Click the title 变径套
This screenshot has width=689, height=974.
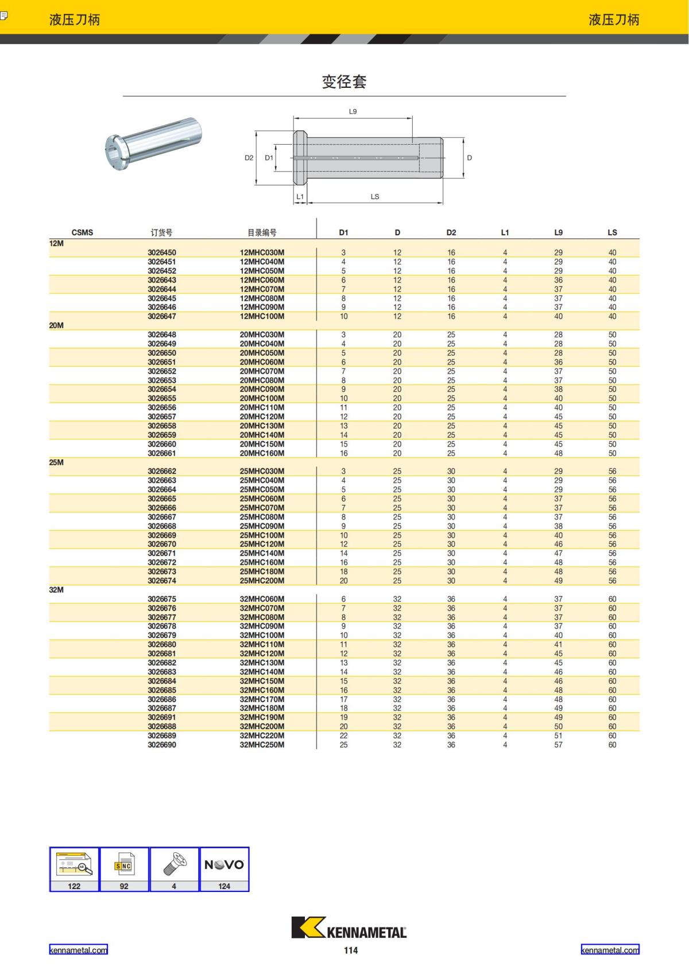(x=344, y=82)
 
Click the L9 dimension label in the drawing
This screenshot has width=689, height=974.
(x=353, y=111)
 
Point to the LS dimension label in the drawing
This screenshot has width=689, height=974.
(x=375, y=196)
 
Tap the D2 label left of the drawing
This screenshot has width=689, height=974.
(x=249, y=158)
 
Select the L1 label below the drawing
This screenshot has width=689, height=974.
(x=300, y=196)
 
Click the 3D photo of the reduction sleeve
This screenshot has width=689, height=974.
(x=154, y=143)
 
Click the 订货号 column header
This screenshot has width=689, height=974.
(x=161, y=232)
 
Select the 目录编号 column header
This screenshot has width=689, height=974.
(x=262, y=232)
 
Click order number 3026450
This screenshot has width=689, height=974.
(x=161, y=253)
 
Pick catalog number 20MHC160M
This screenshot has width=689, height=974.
(x=262, y=453)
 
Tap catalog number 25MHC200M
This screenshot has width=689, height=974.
(x=262, y=581)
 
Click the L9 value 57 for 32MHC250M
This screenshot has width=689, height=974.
(x=558, y=745)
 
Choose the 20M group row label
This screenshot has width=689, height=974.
(x=56, y=325)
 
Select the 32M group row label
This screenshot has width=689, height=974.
(x=56, y=590)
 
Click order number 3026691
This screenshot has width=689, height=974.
(x=161, y=717)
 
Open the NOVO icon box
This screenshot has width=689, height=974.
(x=224, y=868)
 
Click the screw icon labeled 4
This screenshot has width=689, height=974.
(x=174, y=868)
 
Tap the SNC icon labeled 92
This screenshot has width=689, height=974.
(x=124, y=868)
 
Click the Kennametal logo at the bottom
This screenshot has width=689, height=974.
(x=349, y=928)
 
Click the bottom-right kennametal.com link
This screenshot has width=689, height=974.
(x=610, y=950)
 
